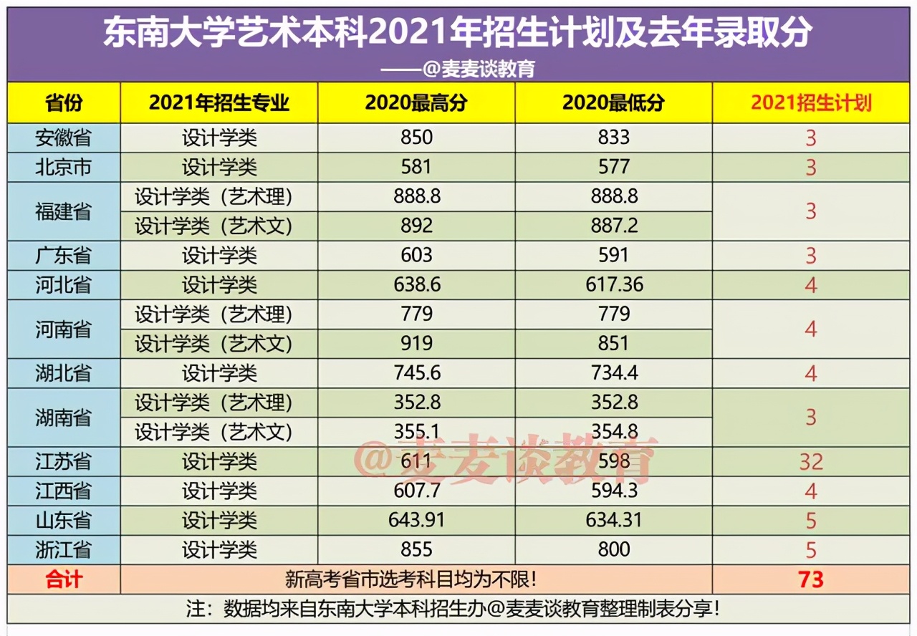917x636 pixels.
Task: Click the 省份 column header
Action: coord(64,103)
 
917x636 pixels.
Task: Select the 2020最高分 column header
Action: coord(416,103)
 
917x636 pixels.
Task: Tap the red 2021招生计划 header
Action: coord(811,103)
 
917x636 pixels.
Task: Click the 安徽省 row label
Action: coord(64,138)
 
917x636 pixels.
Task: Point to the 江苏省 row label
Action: coord(64,461)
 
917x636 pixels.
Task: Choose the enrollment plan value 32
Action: coord(811,462)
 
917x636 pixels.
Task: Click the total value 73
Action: coord(811,579)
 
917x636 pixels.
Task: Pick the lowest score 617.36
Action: coord(613,285)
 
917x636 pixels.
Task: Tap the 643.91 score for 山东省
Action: coord(416,520)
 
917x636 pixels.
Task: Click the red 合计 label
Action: coord(64,579)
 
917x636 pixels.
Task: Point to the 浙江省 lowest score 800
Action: coord(613,550)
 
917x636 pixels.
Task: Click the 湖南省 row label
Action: coord(64,418)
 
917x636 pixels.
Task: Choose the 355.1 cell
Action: coord(416,432)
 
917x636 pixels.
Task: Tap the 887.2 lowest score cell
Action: coord(613,226)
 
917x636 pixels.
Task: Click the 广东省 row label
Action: coord(64,256)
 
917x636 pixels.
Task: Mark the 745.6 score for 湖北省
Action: coord(416,373)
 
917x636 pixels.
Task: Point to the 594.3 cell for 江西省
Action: coord(613,491)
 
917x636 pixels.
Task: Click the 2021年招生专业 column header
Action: coord(219,103)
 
